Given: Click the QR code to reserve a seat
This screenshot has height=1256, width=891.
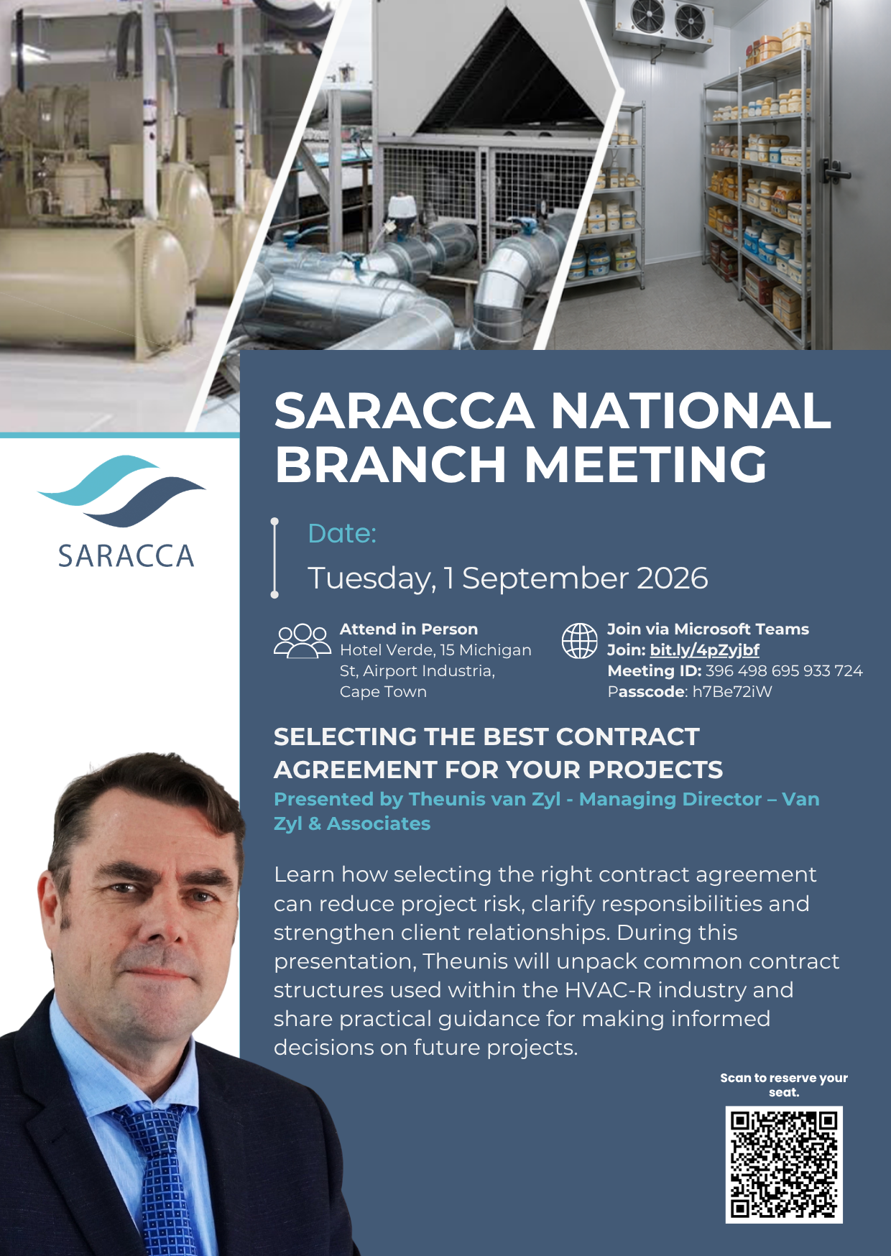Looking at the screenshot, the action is (x=784, y=1164).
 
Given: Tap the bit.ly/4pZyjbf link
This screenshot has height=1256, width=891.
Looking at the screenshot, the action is (x=704, y=650).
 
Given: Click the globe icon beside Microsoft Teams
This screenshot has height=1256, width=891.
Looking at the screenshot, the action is (x=579, y=641).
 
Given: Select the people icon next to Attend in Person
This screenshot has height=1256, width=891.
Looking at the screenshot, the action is (x=302, y=641).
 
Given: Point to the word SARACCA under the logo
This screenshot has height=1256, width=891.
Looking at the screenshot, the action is (x=126, y=556).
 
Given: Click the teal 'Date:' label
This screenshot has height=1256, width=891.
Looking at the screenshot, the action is (x=342, y=534).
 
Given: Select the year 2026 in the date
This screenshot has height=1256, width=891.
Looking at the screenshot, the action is (x=673, y=578).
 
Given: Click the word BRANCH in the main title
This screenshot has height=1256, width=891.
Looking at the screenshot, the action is (x=391, y=464).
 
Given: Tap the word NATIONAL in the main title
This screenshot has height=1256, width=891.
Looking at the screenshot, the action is (x=691, y=411).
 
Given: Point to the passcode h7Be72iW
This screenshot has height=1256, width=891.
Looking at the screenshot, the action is (x=732, y=692).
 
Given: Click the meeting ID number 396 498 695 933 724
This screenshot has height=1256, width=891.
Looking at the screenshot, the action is (x=784, y=671).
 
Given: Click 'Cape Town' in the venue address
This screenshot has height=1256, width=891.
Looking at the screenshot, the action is (x=383, y=692).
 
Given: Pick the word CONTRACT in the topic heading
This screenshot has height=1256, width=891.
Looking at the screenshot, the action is (x=627, y=737).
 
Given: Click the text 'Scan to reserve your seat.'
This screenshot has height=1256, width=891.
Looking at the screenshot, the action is (x=784, y=1085).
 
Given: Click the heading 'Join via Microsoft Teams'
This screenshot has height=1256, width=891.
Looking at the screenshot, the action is (x=708, y=629).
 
